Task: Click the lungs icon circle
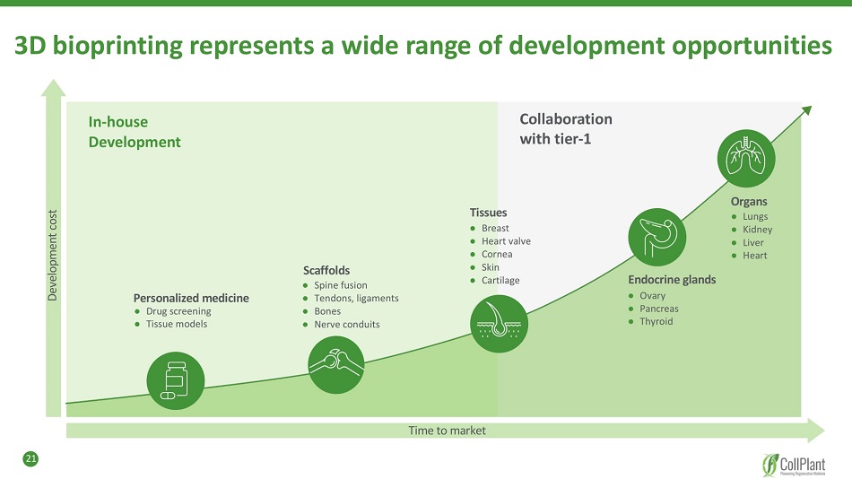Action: (746, 158)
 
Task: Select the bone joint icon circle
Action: (335, 363)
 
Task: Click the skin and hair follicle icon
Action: (500, 324)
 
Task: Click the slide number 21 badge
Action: (30, 459)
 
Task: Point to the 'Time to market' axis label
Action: (447, 431)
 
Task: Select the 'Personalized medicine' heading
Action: (191, 298)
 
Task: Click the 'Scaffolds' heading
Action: (326, 270)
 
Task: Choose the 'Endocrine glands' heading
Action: (672, 280)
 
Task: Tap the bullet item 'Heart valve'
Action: (506, 241)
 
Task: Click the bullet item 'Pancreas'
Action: (659, 309)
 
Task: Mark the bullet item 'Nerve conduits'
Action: (346, 324)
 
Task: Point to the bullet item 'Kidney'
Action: (757, 230)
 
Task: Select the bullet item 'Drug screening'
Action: (178, 311)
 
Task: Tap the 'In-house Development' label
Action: (135, 132)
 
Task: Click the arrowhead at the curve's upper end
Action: (805, 110)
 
